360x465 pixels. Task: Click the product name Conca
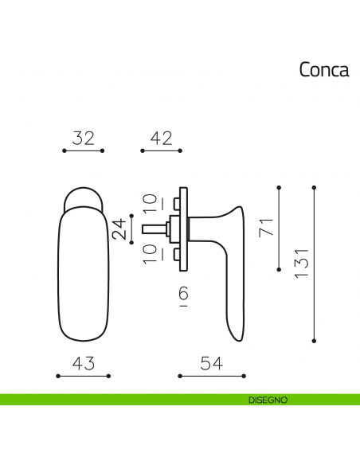[x=323, y=70]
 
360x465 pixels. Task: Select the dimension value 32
[x=83, y=138]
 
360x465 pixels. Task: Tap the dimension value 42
[x=161, y=138]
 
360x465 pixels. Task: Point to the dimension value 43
[x=84, y=363]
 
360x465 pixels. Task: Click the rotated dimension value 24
[x=118, y=229]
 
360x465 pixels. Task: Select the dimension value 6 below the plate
[x=183, y=296]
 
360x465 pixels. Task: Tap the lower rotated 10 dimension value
[x=149, y=254]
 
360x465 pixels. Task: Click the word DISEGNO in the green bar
[x=262, y=399]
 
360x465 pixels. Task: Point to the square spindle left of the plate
[x=156, y=229]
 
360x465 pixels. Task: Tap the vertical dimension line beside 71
[x=279, y=229]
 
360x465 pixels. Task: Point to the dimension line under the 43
[x=84, y=375]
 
